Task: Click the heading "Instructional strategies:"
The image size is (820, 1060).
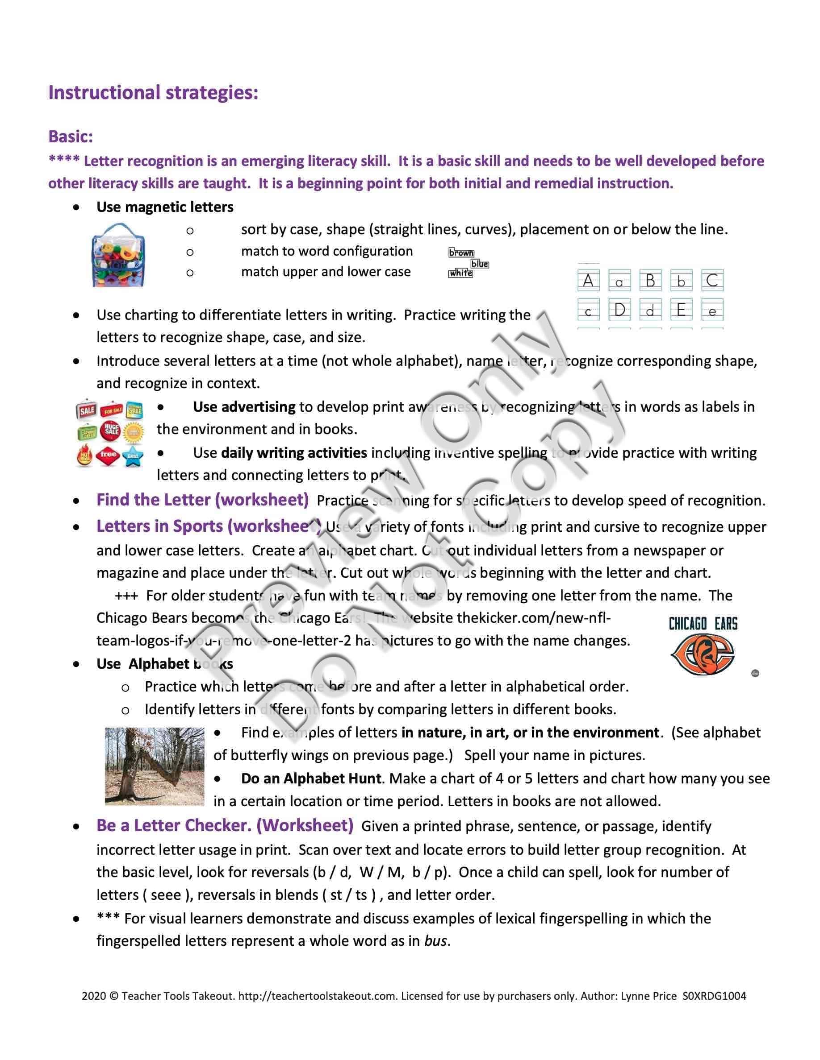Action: [153, 92]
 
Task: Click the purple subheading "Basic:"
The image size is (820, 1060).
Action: [71, 137]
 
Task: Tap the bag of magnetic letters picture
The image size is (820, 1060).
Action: [118, 255]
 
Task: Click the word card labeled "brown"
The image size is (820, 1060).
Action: [461, 253]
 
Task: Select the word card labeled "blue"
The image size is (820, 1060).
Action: [480, 264]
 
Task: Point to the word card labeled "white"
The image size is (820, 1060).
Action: [460, 273]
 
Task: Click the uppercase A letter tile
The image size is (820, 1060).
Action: [588, 281]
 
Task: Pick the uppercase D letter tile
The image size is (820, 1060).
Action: [619, 310]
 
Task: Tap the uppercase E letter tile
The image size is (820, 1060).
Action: [681, 310]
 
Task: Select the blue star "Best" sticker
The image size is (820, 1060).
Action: [133, 456]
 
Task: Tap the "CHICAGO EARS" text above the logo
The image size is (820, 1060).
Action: [703, 624]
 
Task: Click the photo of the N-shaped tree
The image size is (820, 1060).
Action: [155, 766]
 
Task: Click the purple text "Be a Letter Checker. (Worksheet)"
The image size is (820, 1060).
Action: [225, 826]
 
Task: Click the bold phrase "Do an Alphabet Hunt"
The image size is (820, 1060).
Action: [311, 778]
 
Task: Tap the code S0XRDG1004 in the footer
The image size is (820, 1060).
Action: [714, 996]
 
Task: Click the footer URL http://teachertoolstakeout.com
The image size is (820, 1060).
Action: [317, 996]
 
